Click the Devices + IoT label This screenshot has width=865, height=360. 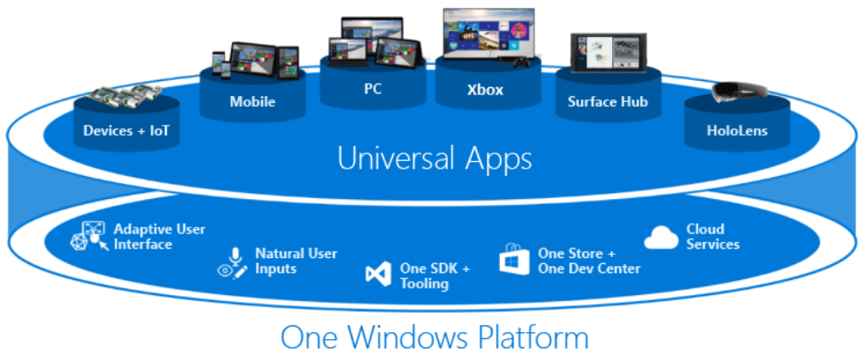(126, 131)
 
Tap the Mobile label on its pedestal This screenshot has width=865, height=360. (252, 103)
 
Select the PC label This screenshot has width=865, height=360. (372, 89)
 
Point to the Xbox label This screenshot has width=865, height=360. (485, 89)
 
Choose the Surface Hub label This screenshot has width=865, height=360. (607, 102)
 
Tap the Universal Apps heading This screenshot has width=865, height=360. (434, 159)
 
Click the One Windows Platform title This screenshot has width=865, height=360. (434, 338)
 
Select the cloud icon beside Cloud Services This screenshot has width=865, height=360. (661, 238)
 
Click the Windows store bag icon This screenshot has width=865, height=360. (514, 260)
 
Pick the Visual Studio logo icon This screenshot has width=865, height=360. (378, 274)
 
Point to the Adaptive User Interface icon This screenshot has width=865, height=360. (89, 235)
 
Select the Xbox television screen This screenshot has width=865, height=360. (488, 33)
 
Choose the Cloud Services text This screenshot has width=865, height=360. (712, 236)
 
